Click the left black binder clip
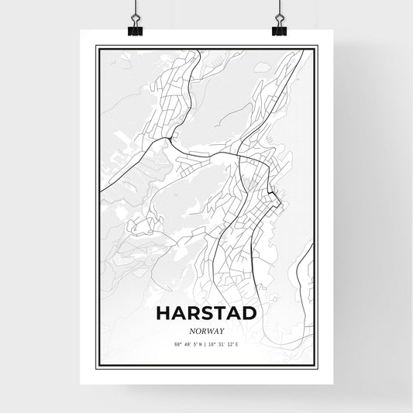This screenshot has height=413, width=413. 135,29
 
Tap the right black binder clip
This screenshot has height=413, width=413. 279,29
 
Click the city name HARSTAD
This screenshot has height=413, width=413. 207,312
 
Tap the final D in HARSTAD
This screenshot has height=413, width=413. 249,312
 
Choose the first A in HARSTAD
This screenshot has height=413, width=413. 178,312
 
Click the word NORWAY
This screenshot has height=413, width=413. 207,329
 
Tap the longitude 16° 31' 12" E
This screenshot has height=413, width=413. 225,343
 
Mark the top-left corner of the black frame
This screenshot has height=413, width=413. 96,46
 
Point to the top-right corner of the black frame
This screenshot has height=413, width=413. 317,46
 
